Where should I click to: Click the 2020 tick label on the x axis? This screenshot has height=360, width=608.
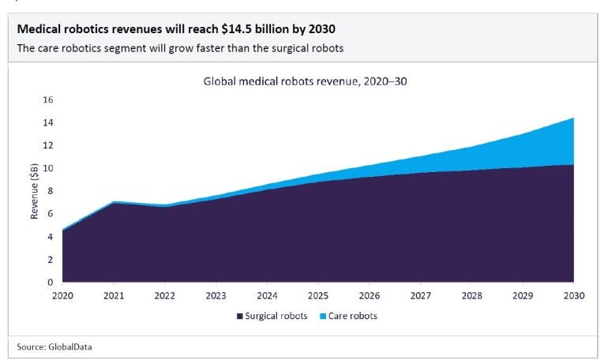[62, 296]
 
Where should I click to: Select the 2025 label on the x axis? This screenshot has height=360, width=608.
[317, 296]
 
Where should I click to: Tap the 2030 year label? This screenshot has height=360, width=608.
[573, 296]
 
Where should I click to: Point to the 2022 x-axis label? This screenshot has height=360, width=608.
[164, 296]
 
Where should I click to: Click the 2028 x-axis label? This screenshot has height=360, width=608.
[471, 296]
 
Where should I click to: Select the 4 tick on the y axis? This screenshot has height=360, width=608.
[49, 236]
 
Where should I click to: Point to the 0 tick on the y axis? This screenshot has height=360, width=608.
[49, 282]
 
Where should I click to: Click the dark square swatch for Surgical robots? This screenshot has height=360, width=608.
[239, 316]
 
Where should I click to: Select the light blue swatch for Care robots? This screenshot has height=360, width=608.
[321, 316]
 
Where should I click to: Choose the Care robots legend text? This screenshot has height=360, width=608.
[352, 316]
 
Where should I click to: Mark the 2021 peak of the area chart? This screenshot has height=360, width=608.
[114, 202]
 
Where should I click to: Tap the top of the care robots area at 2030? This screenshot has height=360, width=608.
[572, 118]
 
